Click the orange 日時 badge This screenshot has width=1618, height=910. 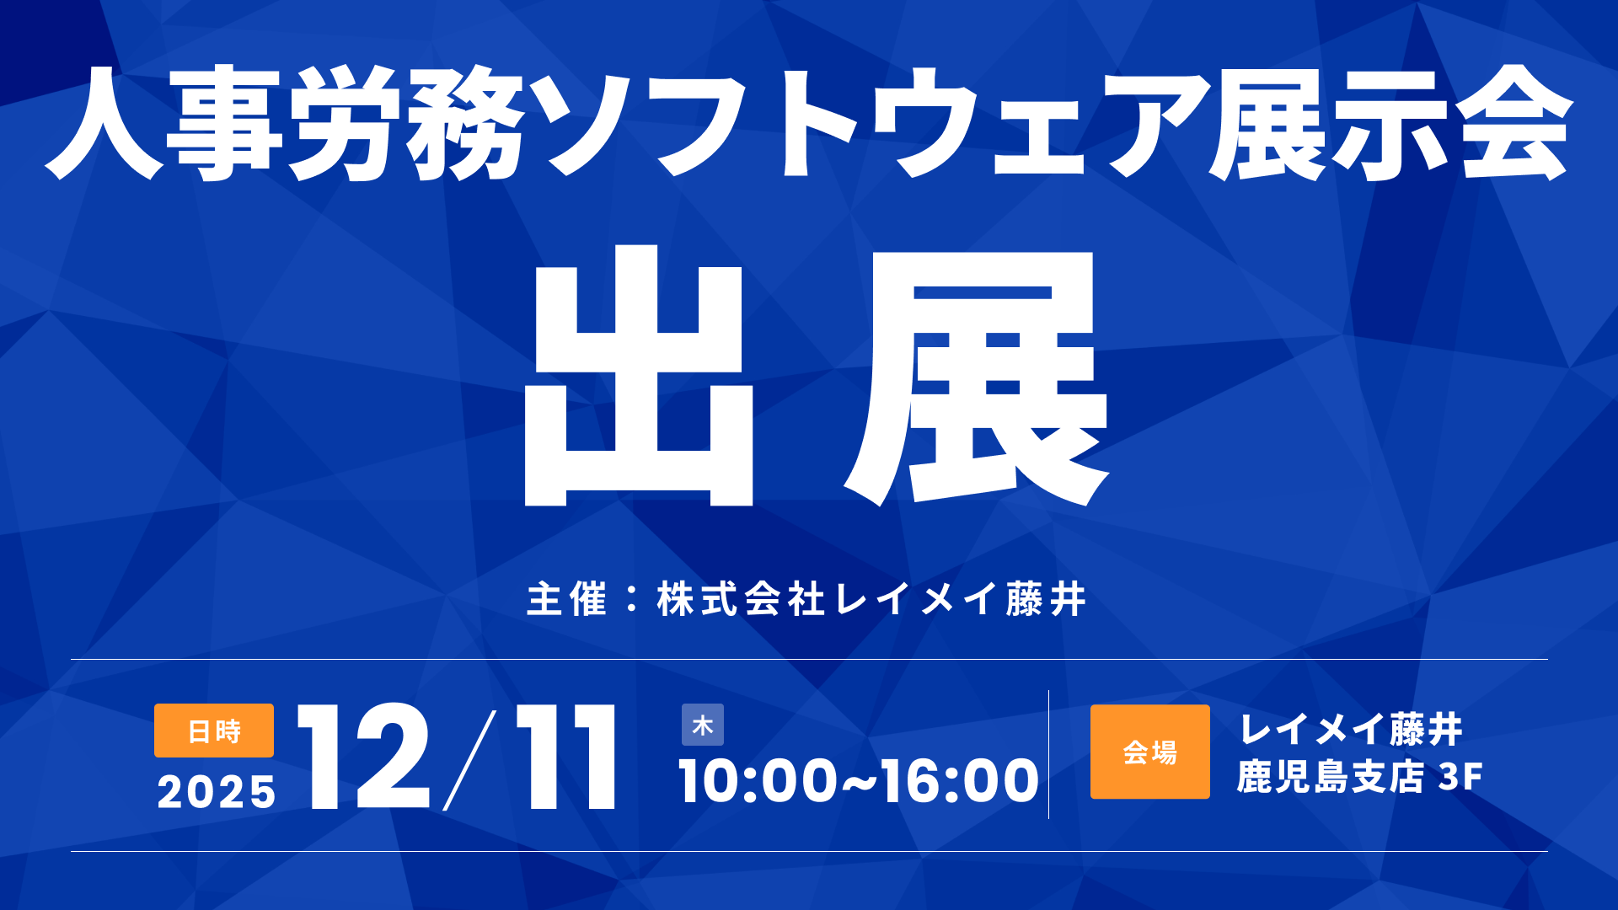tap(214, 731)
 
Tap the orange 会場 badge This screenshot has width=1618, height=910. tap(1149, 752)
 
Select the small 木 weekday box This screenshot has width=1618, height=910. tap(703, 725)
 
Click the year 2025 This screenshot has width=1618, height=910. tap(217, 792)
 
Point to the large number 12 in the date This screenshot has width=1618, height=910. tap(363, 757)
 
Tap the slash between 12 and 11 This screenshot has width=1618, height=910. tap(469, 759)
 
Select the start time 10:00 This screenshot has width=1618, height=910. tap(758, 780)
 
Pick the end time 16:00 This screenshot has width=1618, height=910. tap(960, 780)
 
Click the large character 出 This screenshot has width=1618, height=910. tap(639, 376)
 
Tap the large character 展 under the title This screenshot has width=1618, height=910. tap(978, 377)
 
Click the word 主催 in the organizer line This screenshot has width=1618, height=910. tap(566, 599)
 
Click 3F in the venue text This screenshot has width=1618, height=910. tap(1460, 777)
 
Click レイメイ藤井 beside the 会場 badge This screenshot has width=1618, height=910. tap(1351, 729)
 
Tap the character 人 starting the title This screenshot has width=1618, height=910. tap(103, 123)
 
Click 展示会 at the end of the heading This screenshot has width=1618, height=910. tap(1390, 123)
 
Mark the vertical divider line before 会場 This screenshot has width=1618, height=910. tap(1048, 754)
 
